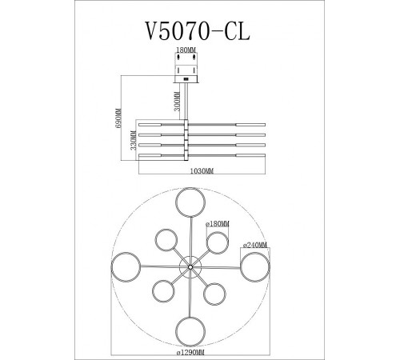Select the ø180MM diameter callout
(218, 225)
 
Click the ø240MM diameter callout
(254, 245)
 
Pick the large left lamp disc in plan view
(125, 266)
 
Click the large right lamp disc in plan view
(256, 266)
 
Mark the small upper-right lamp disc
(215, 242)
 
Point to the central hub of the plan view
(190, 266)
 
